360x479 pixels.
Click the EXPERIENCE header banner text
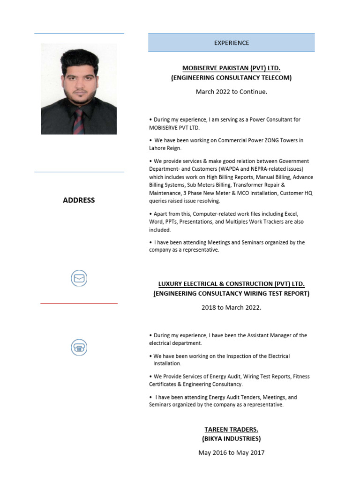click(232, 43)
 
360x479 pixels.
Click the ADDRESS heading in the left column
click(79, 200)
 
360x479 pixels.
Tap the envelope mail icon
click(79, 279)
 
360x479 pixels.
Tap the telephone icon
click(79, 348)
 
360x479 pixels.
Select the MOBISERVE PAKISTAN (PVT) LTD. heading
click(231, 68)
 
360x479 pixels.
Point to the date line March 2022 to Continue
click(231, 92)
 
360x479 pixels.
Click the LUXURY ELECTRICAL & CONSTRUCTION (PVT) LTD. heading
click(231, 284)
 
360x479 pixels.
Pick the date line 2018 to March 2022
click(231, 308)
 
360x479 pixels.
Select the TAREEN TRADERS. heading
click(231, 429)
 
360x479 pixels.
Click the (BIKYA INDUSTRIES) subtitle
click(231, 439)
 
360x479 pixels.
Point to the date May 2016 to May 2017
click(231, 453)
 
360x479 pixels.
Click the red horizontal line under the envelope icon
click(79, 304)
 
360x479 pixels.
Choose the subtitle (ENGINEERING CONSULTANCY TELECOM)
click(231, 78)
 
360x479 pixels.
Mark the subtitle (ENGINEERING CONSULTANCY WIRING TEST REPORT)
click(231, 294)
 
